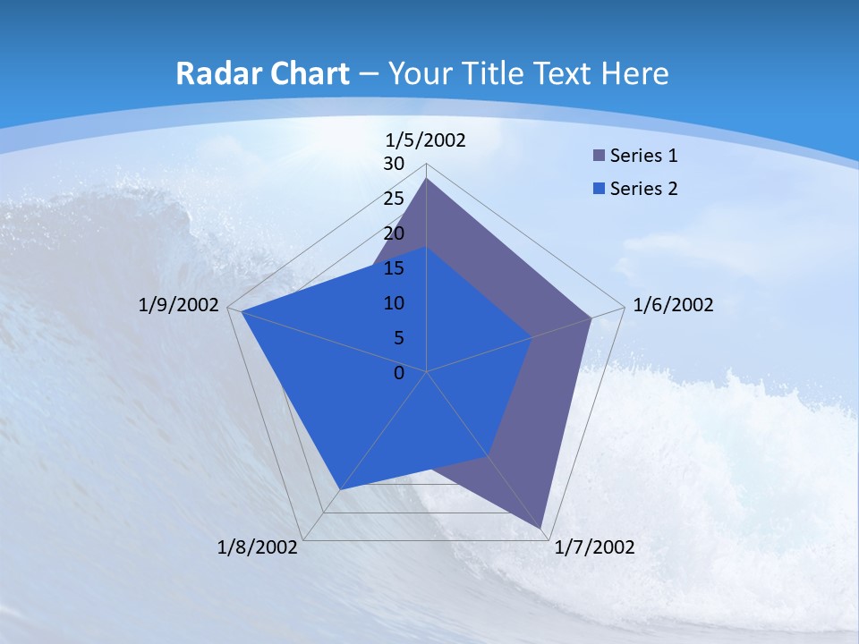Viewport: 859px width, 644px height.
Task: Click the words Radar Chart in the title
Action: (x=262, y=73)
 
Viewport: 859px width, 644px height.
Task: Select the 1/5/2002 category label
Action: (x=425, y=140)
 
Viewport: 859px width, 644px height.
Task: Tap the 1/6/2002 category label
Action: (x=673, y=305)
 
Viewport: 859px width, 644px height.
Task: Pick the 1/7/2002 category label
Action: (x=594, y=547)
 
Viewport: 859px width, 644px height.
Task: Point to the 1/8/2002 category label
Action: (x=257, y=547)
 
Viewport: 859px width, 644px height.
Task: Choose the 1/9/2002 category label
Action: (x=178, y=305)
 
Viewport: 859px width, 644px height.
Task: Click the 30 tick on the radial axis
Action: (x=394, y=164)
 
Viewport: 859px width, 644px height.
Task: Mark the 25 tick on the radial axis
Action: (x=394, y=199)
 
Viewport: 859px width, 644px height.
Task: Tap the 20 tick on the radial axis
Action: (x=394, y=233)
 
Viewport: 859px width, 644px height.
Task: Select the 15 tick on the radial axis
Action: (x=394, y=268)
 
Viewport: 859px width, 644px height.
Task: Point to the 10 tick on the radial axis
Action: (x=394, y=303)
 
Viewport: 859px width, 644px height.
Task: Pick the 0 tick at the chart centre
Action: (x=399, y=373)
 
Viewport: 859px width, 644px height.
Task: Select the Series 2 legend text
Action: (x=643, y=189)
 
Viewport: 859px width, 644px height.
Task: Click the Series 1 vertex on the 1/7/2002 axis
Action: (x=541, y=529)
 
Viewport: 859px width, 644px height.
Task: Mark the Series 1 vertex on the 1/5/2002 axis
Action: (x=427, y=179)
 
